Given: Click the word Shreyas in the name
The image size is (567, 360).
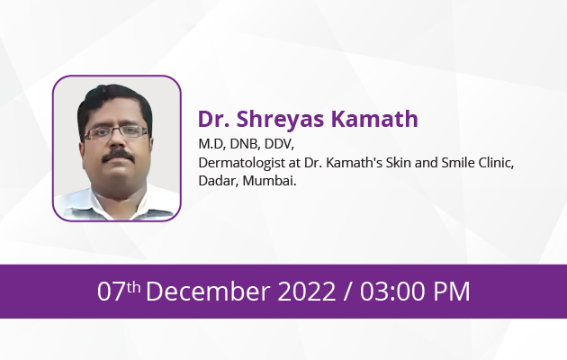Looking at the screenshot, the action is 280,120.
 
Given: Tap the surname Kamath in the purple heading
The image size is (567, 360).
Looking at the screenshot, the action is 374,119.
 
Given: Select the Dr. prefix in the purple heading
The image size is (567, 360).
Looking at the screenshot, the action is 213,119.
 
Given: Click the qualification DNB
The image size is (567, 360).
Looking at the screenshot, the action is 245,144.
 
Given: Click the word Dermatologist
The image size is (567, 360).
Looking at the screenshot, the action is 241,164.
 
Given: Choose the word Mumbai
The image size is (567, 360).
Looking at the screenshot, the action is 269,180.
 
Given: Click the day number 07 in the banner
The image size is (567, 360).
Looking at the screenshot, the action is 111,292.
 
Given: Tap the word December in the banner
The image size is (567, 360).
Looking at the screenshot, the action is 208,291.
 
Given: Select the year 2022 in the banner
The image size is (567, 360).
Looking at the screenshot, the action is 307,292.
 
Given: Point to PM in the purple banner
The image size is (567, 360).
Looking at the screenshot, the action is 452,292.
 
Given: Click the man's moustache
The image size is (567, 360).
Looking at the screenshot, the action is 118,156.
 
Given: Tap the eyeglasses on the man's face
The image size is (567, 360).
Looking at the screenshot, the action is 116,132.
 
